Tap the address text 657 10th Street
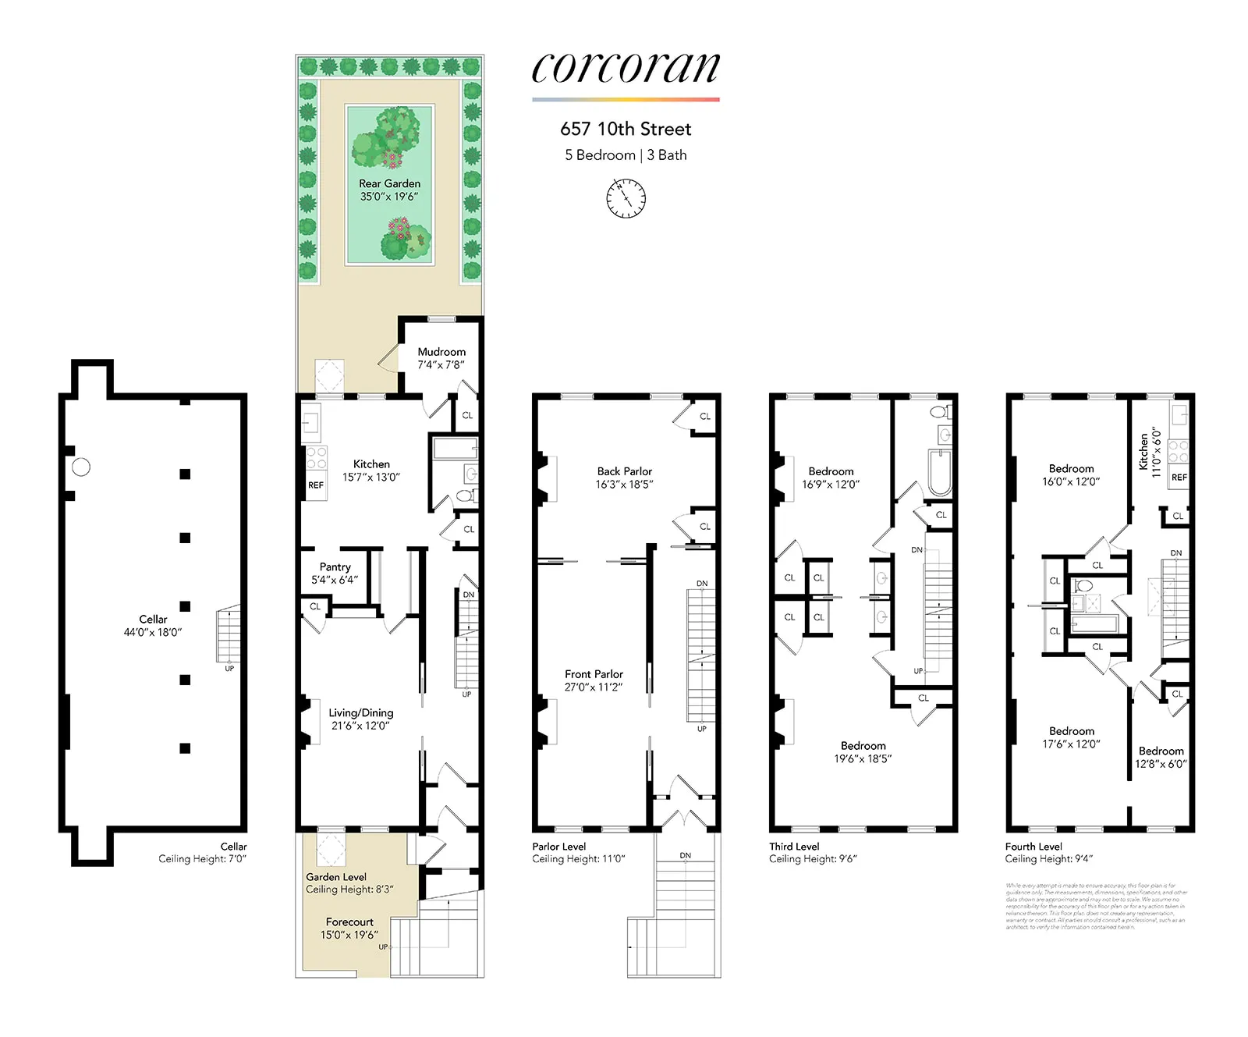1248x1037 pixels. tap(626, 129)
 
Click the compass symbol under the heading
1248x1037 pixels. tap(626, 198)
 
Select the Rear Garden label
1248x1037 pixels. tap(389, 190)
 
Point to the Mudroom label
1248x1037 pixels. tap(441, 358)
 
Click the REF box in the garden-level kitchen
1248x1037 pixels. tap(316, 485)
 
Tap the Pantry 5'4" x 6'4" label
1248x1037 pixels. tap(335, 574)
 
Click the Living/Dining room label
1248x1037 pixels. tap(360, 719)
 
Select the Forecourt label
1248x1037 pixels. tap(349, 928)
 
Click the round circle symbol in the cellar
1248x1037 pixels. tap(81, 467)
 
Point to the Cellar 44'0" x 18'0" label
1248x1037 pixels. tap(153, 625)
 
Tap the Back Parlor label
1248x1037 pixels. tap(624, 478)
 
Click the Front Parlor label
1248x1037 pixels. tap(594, 680)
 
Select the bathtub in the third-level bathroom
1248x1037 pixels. tap(939, 472)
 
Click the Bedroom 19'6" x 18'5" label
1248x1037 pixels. tap(863, 751)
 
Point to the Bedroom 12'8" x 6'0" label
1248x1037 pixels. tap(1161, 757)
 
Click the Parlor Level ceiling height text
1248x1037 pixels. tap(578, 858)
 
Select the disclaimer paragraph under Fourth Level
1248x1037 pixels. tap(1096, 906)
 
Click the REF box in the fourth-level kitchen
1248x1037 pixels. tap(1179, 477)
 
